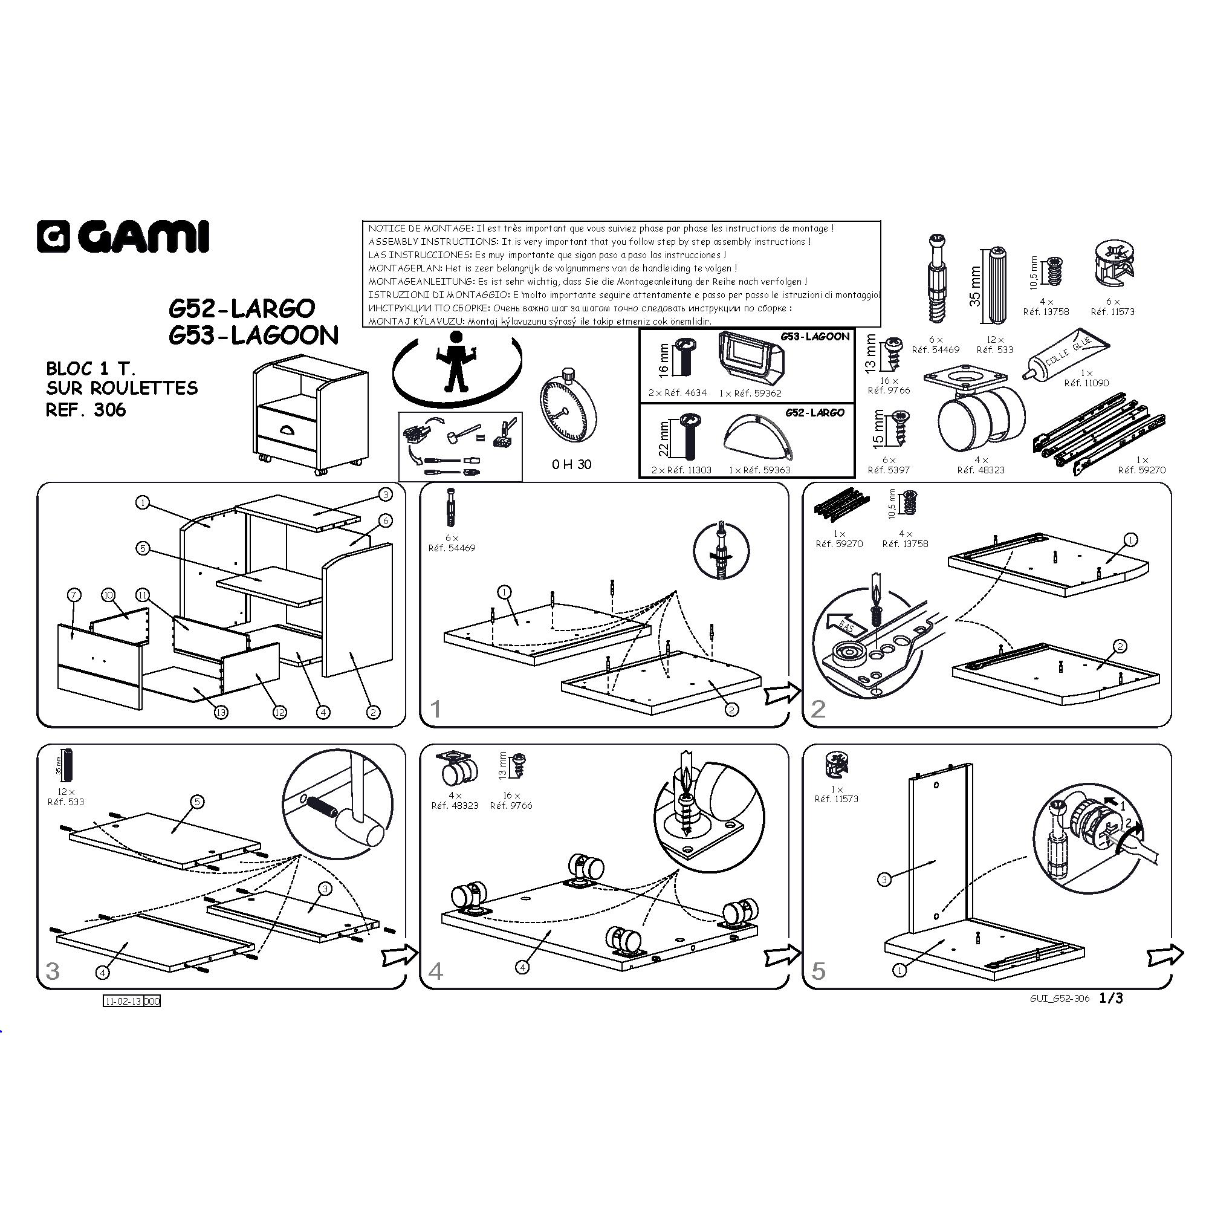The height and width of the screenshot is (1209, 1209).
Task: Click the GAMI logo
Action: click(123, 236)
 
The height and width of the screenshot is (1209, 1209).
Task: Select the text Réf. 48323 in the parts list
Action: click(980, 470)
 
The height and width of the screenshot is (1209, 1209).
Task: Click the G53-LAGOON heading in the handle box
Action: click(815, 337)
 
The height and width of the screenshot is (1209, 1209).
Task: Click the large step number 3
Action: click(53, 971)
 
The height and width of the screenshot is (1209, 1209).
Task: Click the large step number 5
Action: click(818, 971)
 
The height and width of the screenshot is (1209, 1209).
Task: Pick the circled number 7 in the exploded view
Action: click(74, 595)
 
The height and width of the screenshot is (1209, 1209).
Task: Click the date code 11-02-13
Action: click(123, 1001)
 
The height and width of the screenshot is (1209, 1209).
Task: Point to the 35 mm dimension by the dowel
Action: click(975, 287)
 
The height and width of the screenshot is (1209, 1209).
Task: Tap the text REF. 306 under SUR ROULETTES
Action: click(86, 410)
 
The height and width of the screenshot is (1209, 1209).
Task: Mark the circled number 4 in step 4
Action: click(522, 967)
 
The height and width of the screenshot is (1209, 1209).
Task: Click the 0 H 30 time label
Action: click(571, 464)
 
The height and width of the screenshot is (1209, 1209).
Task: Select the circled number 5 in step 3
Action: click(197, 802)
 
